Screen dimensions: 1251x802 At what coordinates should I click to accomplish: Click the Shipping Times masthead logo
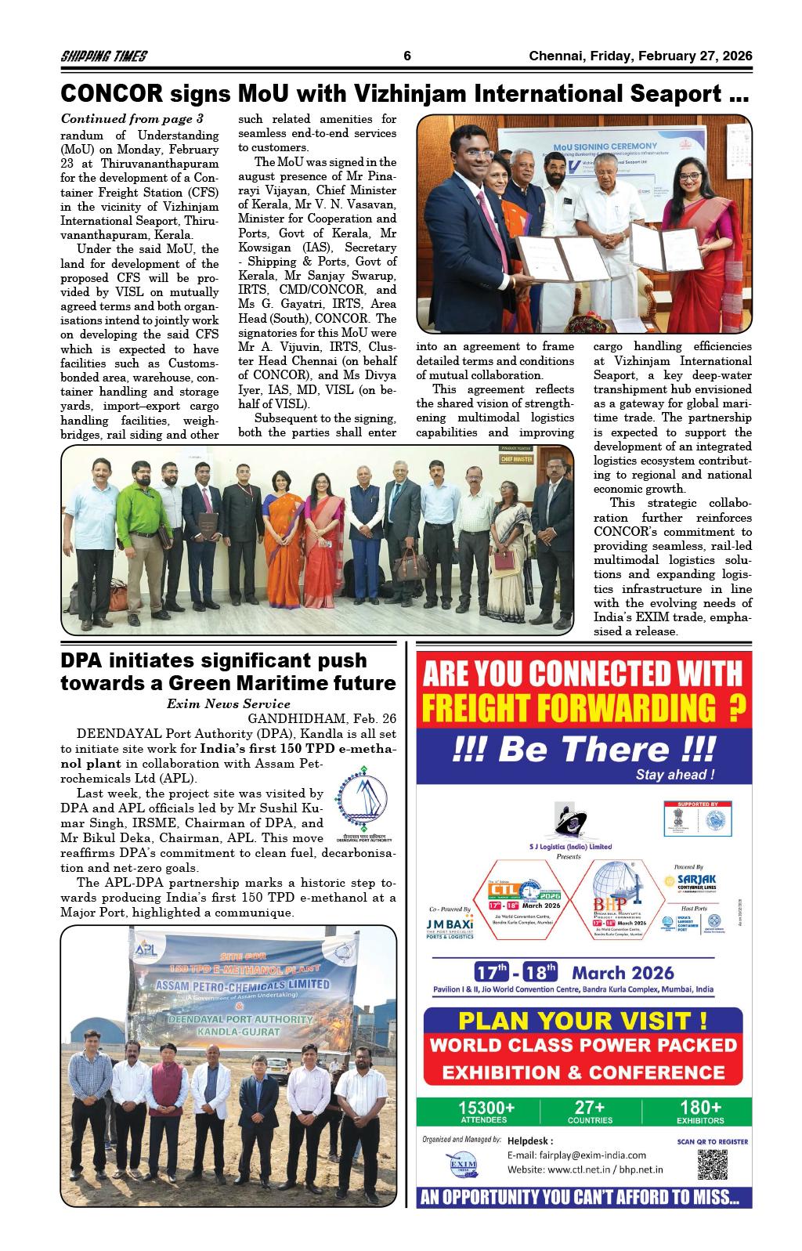pyautogui.click(x=104, y=56)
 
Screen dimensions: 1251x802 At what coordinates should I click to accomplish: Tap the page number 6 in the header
pyautogui.click(x=407, y=56)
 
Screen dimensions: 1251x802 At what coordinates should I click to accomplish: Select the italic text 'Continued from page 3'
pyautogui.click(x=132, y=119)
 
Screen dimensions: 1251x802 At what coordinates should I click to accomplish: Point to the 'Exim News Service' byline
pyautogui.click(x=229, y=703)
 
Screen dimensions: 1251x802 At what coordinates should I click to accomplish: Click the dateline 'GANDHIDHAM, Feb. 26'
pyautogui.click(x=322, y=718)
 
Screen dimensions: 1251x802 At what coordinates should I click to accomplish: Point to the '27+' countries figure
pyautogui.click(x=590, y=1107)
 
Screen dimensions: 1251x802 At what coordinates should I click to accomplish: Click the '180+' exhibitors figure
pyautogui.click(x=701, y=1107)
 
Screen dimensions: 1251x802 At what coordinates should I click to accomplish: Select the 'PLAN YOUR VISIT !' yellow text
pyautogui.click(x=583, y=1021)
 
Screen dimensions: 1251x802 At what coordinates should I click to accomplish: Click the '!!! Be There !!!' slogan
pyautogui.click(x=583, y=749)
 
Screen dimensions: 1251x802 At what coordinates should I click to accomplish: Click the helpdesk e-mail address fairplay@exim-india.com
pyautogui.click(x=577, y=1155)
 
